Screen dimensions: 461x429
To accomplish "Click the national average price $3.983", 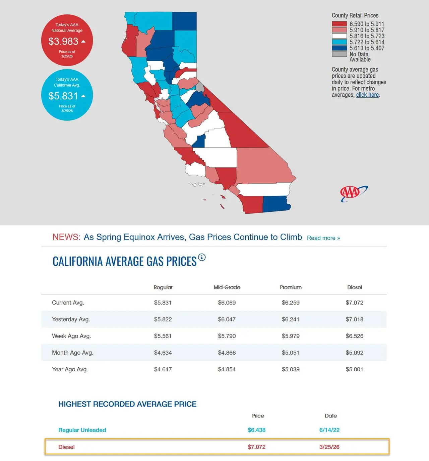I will (x=63, y=41).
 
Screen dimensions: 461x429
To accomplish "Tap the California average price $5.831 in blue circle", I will (x=63, y=96).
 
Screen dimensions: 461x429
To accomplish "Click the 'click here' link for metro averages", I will (x=367, y=95).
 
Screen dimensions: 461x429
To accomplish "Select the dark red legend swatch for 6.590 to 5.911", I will (x=339, y=24).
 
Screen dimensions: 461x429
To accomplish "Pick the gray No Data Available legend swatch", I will (x=339, y=54).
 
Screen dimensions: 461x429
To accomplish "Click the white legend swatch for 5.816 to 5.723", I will (x=339, y=36).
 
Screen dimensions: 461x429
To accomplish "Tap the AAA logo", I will (x=354, y=193).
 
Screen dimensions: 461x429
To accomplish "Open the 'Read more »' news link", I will (x=323, y=238).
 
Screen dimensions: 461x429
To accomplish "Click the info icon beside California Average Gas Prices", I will (x=201, y=257).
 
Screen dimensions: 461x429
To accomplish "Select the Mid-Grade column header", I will (x=227, y=287).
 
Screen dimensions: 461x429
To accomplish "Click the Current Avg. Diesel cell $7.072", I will (x=354, y=303).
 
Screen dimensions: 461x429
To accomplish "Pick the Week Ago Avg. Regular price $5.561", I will (x=163, y=336).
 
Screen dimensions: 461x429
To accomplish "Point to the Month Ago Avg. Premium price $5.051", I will (x=291, y=353).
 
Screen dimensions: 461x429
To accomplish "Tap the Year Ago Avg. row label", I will (x=70, y=370).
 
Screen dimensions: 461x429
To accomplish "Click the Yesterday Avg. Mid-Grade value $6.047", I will (x=227, y=319).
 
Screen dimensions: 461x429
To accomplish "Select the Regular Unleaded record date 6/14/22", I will (x=329, y=430).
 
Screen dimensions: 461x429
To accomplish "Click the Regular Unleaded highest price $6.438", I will (x=256, y=430).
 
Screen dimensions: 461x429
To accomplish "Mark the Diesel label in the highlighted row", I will (x=66, y=447).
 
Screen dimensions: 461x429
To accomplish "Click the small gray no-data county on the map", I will (x=200, y=87).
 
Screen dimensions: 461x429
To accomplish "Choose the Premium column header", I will (x=291, y=287).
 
